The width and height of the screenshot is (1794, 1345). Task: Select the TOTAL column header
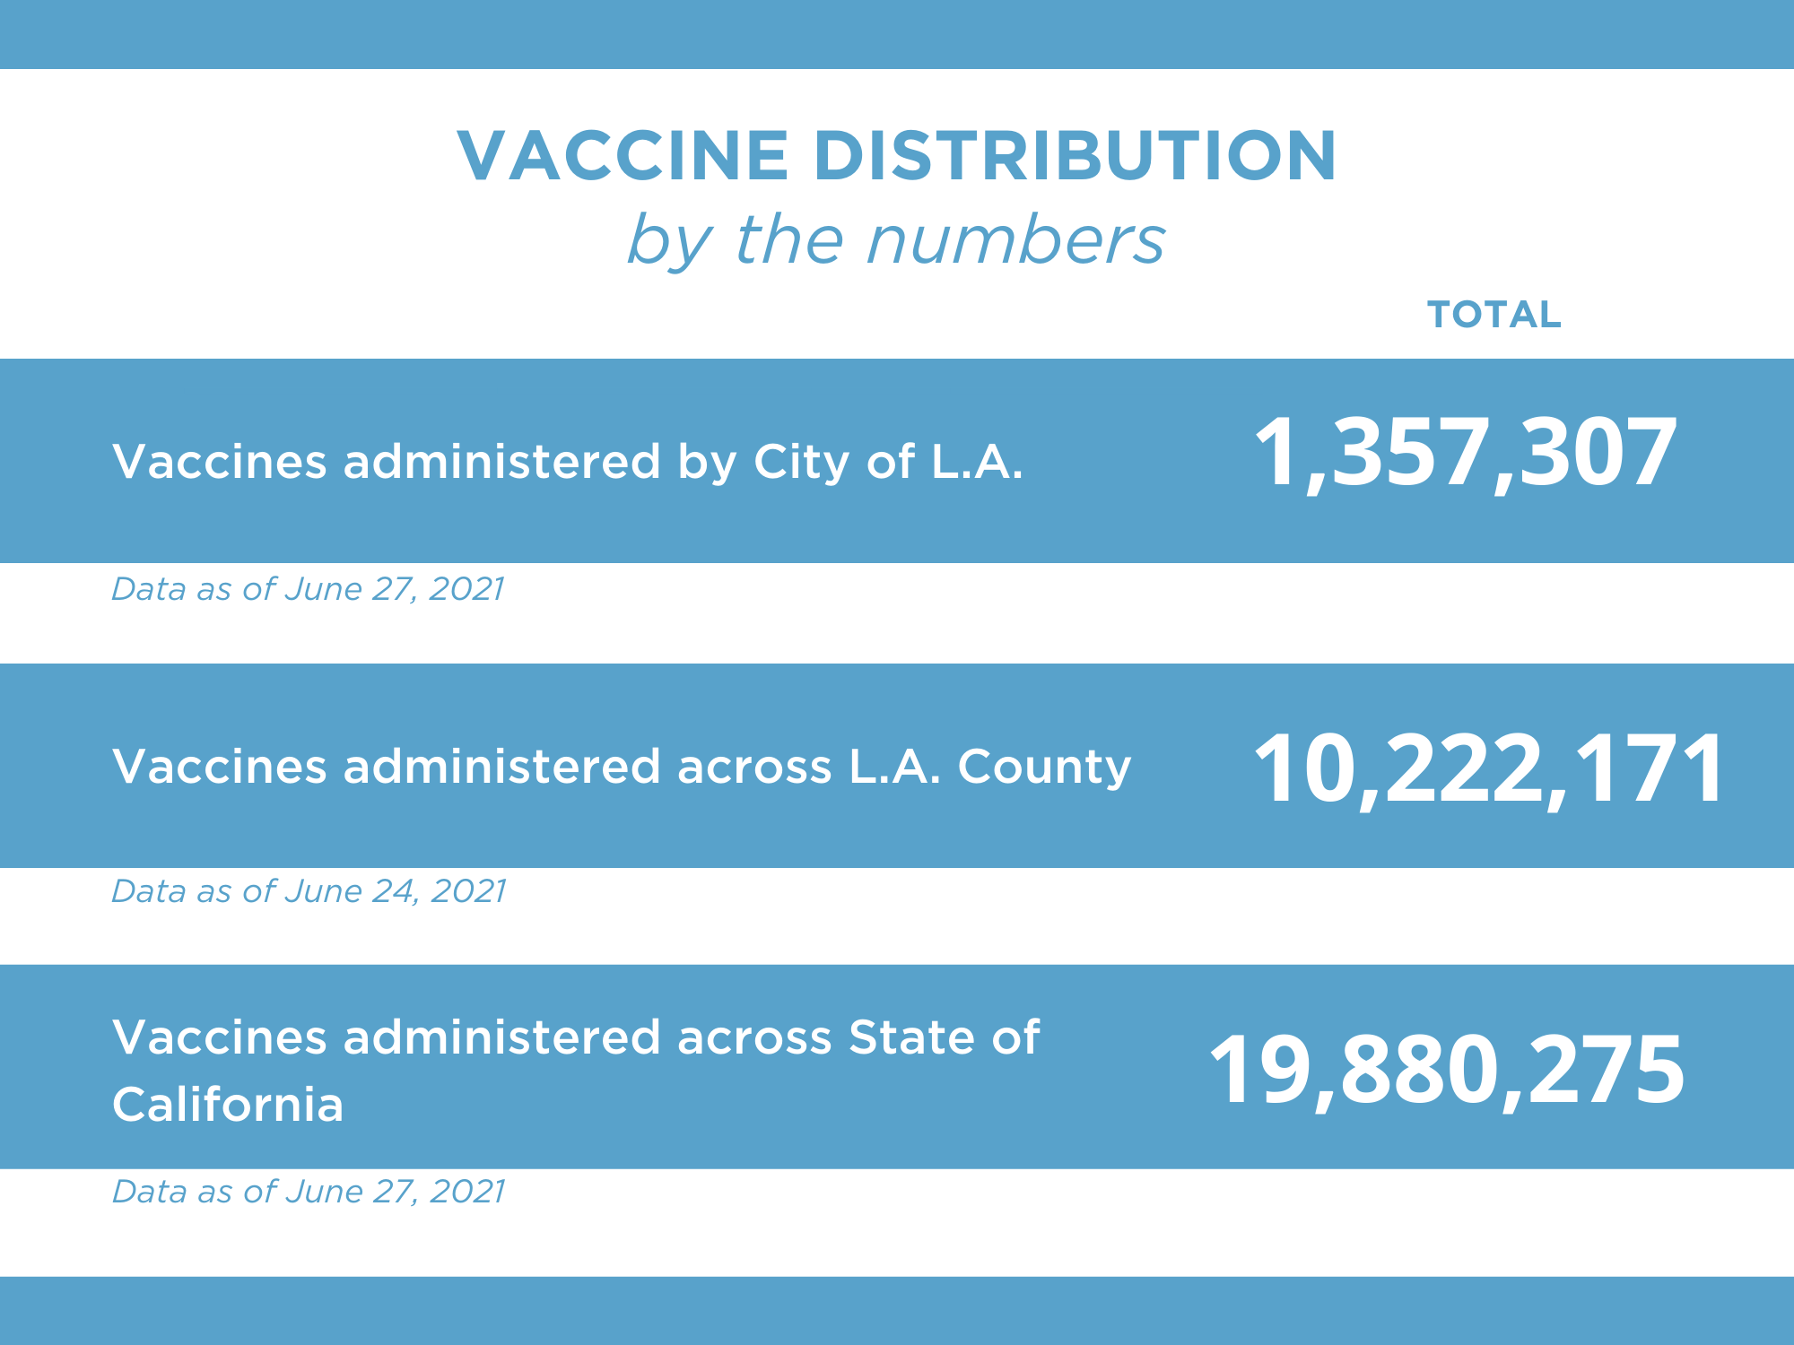point(1494,315)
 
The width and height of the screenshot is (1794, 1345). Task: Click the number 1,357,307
point(1464,453)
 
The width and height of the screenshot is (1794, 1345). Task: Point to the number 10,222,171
point(1488,768)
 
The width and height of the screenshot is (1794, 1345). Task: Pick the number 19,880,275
point(1446,1070)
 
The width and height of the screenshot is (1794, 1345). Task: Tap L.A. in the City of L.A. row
point(977,462)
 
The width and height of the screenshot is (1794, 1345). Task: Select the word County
point(1044,768)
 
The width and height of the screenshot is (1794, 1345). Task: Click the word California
point(228,1104)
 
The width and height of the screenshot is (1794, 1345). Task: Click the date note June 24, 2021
point(395,891)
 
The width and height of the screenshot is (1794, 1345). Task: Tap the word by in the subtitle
point(669,242)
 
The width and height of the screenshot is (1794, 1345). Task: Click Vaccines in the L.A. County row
point(220,768)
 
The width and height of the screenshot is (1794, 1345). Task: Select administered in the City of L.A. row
point(501,462)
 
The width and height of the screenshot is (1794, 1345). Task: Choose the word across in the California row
point(754,1038)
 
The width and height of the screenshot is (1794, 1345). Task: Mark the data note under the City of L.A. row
point(308,589)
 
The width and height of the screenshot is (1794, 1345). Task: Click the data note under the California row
point(308,1192)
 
